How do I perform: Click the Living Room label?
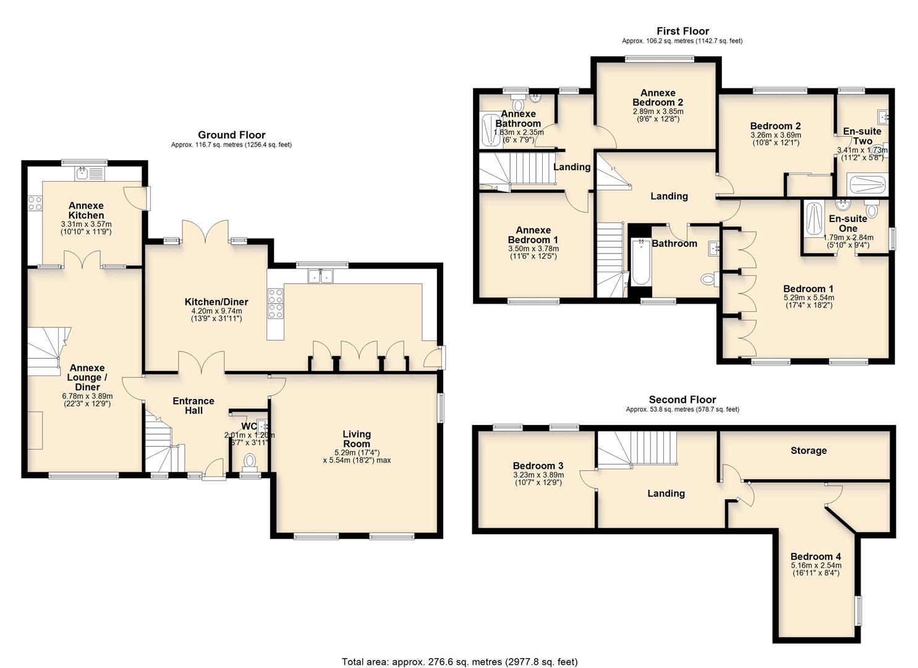[x=357, y=439]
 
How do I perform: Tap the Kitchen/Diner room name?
[x=216, y=302]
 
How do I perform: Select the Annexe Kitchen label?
[x=86, y=210]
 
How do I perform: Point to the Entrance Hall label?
[x=193, y=406]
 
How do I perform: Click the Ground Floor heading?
[x=231, y=135]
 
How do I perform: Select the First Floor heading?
[x=682, y=31]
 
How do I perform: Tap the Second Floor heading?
[x=682, y=400]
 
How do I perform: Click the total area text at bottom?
[x=459, y=662]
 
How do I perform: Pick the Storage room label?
[x=808, y=450]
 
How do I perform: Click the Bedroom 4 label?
[x=815, y=556]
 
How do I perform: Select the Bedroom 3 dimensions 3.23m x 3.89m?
[x=537, y=475]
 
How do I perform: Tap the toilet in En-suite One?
[x=872, y=210]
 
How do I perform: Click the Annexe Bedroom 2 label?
[x=658, y=98]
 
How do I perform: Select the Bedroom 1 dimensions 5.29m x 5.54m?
[x=808, y=298]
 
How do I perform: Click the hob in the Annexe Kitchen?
[x=35, y=202]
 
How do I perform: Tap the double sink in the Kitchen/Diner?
[x=321, y=276]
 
